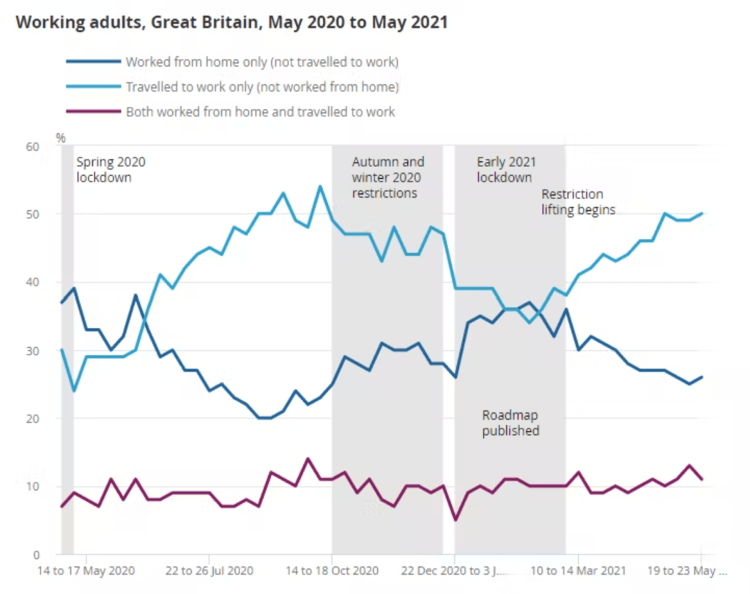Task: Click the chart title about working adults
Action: (x=231, y=22)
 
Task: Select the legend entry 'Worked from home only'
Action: (x=261, y=62)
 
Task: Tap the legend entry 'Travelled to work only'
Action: (x=261, y=87)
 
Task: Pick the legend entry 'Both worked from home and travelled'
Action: (x=260, y=112)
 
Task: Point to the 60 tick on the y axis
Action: (x=31, y=146)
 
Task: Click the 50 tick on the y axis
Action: (x=31, y=214)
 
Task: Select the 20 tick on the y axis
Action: (x=31, y=418)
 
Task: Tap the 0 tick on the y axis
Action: (x=34, y=554)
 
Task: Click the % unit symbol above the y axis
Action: (x=61, y=137)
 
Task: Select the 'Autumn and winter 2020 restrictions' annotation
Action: (x=387, y=177)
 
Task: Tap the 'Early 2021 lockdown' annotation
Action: (x=506, y=169)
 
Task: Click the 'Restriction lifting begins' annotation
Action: (x=578, y=201)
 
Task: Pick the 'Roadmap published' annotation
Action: (x=510, y=423)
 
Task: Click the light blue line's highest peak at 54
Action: (x=320, y=186)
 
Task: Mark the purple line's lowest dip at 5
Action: (x=456, y=520)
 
